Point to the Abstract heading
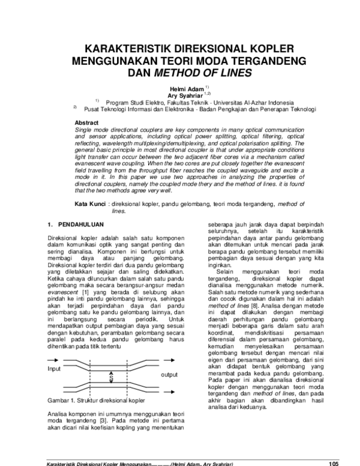[x=85, y=122]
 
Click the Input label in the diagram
[x=54, y=369]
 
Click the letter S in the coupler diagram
[x=112, y=378]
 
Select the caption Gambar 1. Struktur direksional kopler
[x=95, y=399]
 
